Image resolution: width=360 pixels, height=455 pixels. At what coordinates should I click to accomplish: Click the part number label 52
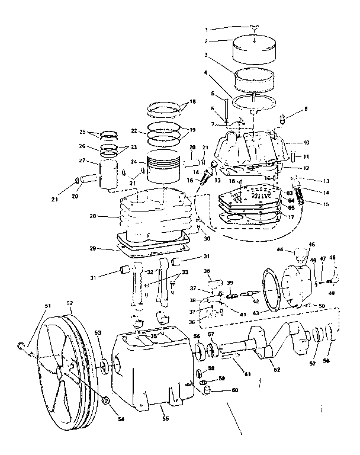(x=70, y=303)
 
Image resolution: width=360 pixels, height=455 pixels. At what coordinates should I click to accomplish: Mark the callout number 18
(x=192, y=101)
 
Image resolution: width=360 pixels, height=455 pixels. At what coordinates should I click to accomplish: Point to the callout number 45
(x=312, y=244)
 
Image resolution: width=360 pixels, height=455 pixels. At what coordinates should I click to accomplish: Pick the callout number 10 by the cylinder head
(x=306, y=143)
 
